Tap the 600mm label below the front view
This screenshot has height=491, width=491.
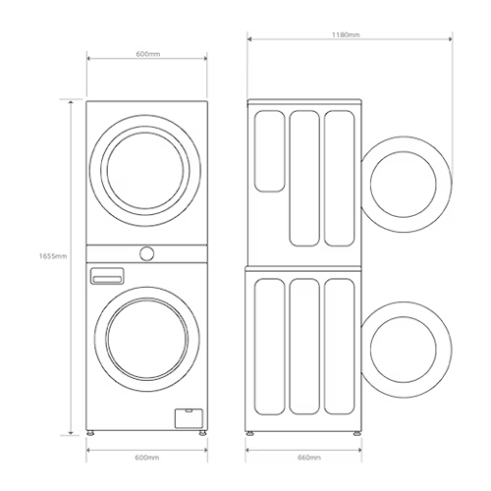[146, 458]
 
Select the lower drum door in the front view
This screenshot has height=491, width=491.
[146, 339]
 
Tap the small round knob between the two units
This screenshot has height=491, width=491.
[146, 253]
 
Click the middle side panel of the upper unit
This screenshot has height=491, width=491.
[303, 177]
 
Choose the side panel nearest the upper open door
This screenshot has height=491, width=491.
[338, 177]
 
